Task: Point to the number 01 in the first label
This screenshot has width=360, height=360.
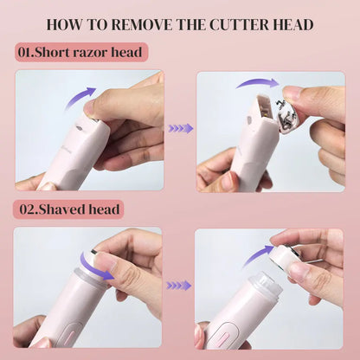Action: point(25,52)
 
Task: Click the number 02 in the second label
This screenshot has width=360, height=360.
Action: point(26,209)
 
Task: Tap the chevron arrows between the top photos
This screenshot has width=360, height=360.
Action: point(179,128)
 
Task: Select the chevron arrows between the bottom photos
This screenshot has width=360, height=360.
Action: point(179,285)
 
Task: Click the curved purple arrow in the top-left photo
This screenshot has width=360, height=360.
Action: point(80,97)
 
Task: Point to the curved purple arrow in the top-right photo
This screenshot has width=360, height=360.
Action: point(257,82)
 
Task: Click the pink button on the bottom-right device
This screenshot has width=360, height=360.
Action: point(220,333)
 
